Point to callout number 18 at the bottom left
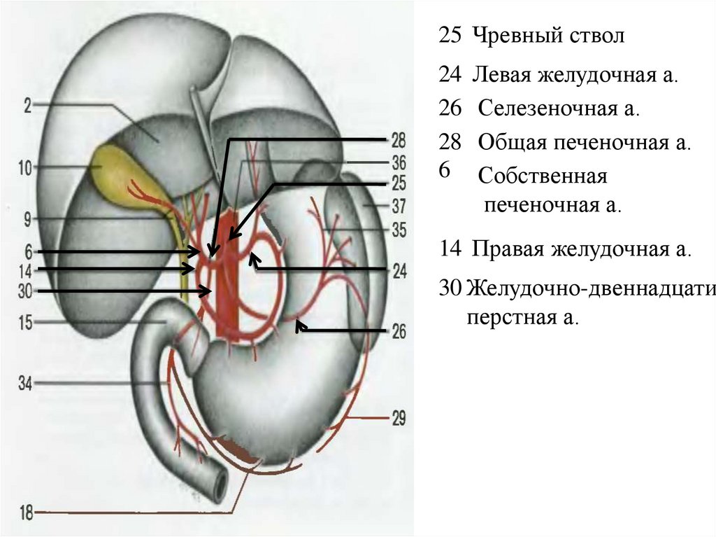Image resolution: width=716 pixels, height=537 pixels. coord(27,514)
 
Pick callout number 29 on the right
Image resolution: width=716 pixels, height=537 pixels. coord(398,419)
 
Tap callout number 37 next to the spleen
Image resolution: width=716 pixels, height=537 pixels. coord(399,207)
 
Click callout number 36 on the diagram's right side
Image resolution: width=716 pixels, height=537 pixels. coord(399,163)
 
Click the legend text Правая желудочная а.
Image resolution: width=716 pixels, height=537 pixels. coord(581,249)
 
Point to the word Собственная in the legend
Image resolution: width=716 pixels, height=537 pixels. coord(543,176)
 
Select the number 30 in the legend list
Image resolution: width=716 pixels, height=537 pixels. coord(452,287)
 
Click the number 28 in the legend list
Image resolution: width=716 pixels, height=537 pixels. coord(450,143)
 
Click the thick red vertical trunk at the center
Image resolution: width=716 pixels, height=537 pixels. coord(227,294)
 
